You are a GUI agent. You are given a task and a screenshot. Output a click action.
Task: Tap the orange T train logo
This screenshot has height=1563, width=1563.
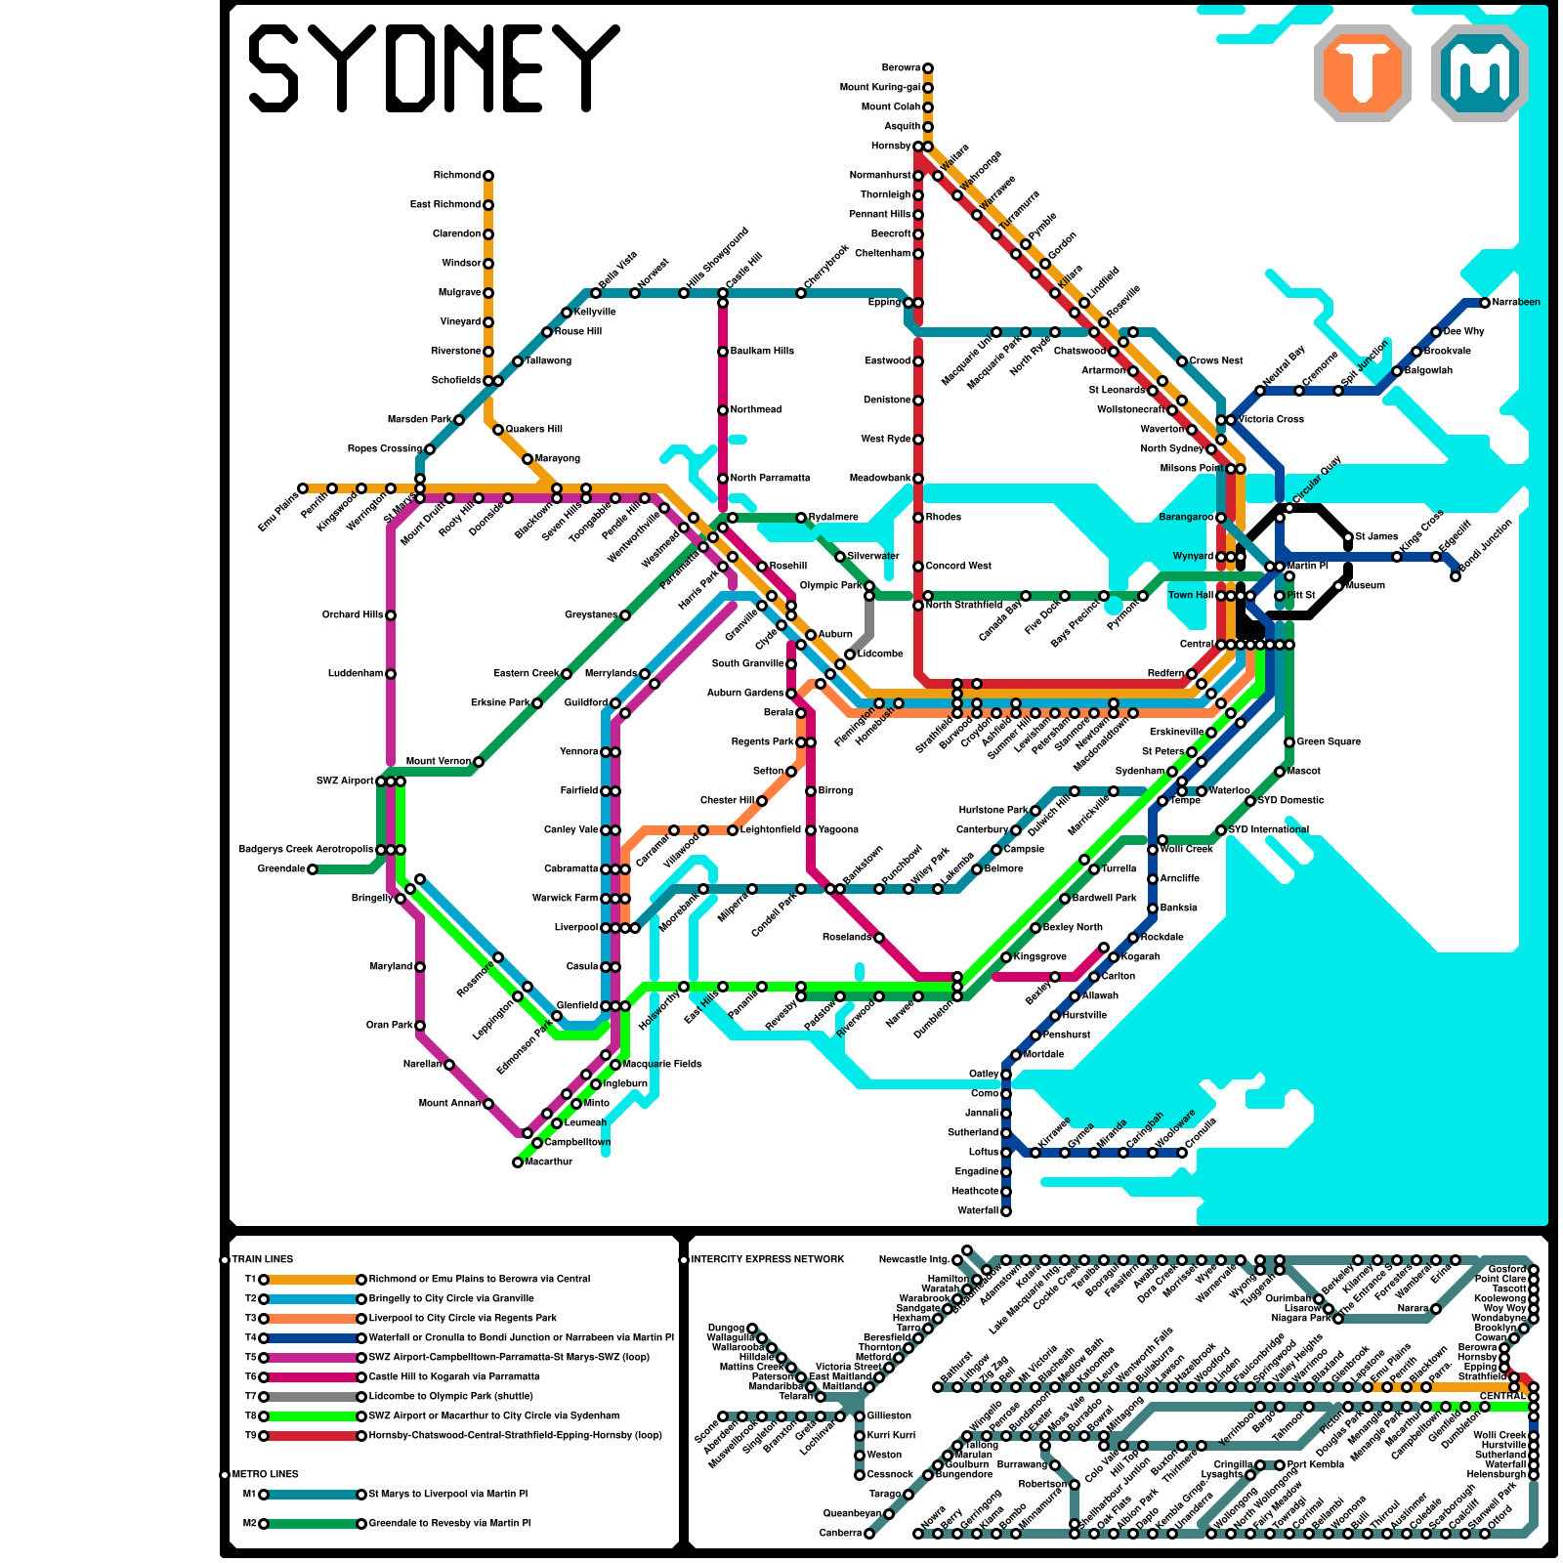(x=1363, y=72)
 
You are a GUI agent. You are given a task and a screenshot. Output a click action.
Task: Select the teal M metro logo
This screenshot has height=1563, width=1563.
(x=1480, y=72)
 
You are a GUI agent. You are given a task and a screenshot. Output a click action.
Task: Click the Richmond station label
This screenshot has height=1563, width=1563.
(x=457, y=176)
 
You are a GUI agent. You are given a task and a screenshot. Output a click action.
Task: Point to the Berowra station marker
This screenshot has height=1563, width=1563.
(x=928, y=68)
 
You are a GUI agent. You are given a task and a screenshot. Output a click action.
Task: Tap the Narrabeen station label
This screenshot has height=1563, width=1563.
(x=1516, y=303)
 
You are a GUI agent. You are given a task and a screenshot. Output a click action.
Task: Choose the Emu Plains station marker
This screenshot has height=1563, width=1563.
(x=303, y=488)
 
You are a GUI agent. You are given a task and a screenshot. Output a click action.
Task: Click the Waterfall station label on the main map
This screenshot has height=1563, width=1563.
(x=977, y=1211)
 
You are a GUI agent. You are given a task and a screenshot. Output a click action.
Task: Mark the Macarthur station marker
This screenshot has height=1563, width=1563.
(x=518, y=1162)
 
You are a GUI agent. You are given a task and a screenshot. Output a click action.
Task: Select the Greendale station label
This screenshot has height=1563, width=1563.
(x=281, y=869)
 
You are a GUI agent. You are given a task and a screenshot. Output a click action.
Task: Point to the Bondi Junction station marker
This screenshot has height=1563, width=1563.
(x=1456, y=576)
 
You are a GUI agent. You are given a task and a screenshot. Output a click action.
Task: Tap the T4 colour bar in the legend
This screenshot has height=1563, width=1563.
(x=313, y=1338)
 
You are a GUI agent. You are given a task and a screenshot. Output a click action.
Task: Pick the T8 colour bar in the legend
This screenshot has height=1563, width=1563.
(x=313, y=1416)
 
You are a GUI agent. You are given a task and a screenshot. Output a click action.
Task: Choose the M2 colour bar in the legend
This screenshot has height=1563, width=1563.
(x=313, y=1524)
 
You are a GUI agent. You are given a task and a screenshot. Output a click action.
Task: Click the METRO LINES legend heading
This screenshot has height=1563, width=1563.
(x=265, y=1475)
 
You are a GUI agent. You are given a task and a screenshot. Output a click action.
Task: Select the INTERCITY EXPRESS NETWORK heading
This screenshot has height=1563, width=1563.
(x=767, y=1260)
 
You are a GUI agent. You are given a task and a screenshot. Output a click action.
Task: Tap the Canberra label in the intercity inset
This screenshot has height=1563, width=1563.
(x=840, y=1534)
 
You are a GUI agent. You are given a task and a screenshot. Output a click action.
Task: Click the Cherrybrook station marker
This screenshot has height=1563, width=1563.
(x=801, y=293)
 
